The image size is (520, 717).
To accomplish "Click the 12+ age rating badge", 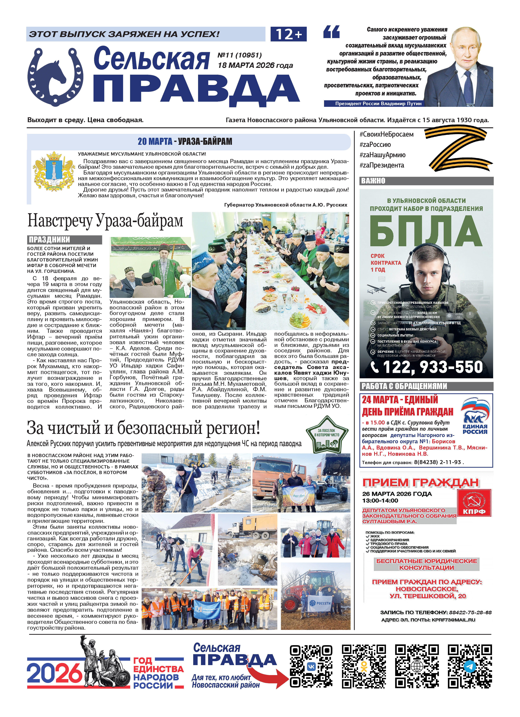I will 289,34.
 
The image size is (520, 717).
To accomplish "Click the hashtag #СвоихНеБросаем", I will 387,134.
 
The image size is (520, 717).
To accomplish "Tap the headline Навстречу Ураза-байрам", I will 105,220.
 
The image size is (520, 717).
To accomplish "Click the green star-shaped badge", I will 327,435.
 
